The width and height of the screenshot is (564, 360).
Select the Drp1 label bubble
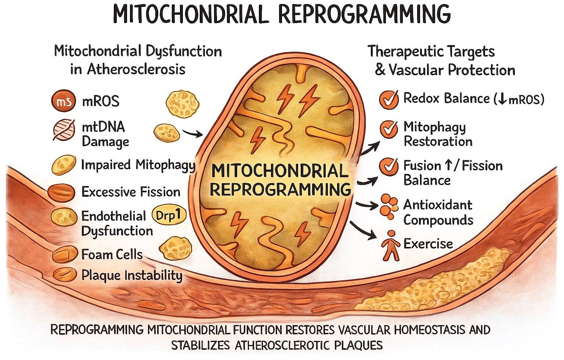click(168, 215)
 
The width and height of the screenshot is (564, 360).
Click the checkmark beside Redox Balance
click(388, 99)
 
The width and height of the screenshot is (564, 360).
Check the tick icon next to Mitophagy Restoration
click(388, 129)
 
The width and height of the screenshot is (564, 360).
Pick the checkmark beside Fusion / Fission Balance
click(388, 167)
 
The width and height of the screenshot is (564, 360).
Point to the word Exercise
click(428, 244)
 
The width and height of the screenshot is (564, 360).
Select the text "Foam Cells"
click(112, 254)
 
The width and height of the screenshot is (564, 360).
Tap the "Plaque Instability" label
click(132, 275)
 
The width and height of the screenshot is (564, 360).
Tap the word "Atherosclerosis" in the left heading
click(135, 69)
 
